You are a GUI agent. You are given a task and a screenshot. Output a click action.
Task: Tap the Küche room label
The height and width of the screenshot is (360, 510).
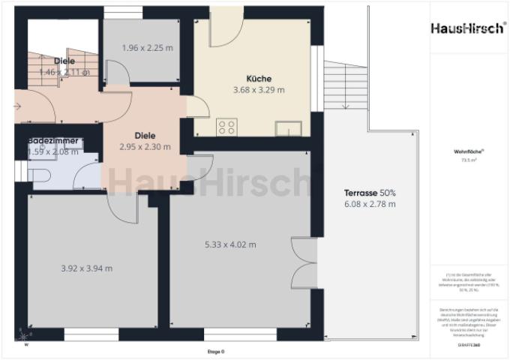259,78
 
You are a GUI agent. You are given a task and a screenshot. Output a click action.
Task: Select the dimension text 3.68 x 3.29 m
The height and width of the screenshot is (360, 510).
259,90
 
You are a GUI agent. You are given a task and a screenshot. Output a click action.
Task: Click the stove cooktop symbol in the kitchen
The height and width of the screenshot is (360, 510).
226,127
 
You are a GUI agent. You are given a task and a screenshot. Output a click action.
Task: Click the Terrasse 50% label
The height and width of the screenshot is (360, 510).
370,192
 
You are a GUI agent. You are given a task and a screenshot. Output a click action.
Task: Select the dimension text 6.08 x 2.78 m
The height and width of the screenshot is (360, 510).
370,204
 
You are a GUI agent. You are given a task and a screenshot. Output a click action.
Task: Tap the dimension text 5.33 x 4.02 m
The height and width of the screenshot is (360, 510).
230,244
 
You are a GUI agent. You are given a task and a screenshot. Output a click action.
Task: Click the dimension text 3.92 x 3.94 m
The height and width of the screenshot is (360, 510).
86,268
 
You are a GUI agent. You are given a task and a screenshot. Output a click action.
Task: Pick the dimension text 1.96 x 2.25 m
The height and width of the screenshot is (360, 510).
147,48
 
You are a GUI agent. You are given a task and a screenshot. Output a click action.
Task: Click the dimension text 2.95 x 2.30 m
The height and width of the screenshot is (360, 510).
145,147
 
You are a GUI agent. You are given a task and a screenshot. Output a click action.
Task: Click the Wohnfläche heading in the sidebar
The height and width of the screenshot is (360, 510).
469,151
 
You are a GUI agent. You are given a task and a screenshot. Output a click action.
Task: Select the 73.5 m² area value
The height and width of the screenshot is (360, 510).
469,159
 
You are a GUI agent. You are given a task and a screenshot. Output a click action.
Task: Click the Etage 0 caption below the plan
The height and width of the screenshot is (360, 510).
216,351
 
